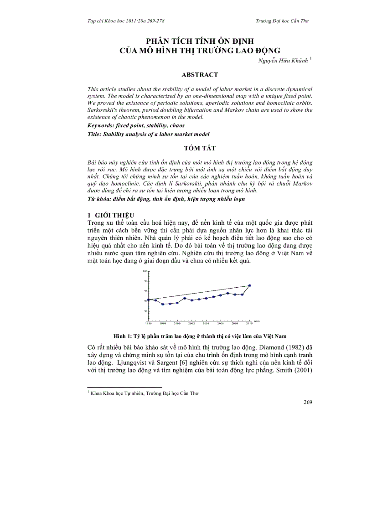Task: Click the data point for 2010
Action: [x=250, y=285]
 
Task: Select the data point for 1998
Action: [x=163, y=304]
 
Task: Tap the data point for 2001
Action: [x=185, y=298]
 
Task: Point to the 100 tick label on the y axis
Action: [x=145, y=271]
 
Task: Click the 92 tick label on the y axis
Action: [x=145, y=311]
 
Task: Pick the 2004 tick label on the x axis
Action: [x=206, y=323]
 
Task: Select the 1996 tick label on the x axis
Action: [x=149, y=323]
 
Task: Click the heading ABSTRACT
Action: [x=200, y=74]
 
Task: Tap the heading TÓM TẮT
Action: [x=200, y=149]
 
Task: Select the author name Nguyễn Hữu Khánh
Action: [x=283, y=60]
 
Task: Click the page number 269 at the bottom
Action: [x=307, y=402]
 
